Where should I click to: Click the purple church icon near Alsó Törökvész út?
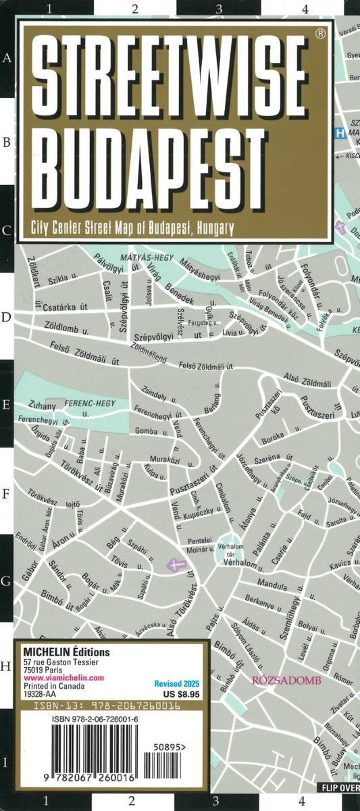click(176, 565)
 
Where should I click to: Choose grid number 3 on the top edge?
click(219, 9)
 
